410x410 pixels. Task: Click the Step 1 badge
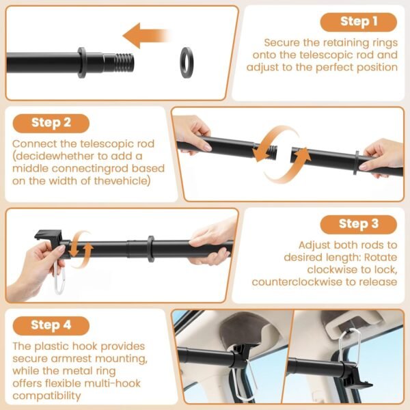(x=359, y=23)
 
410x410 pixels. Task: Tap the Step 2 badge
(x=51, y=124)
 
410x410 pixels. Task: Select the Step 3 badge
(x=359, y=225)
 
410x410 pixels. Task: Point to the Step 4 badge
(x=51, y=326)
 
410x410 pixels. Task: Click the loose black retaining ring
(x=187, y=62)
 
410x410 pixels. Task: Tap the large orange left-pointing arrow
(x=146, y=36)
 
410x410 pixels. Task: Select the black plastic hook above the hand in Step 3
(x=49, y=235)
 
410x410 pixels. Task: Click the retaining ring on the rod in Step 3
(x=150, y=249)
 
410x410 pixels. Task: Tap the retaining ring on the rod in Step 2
(x=356, y=163)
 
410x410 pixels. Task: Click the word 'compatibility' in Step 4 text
(x=46, y=396)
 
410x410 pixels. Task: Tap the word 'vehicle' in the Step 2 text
(x=128, y=181)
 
